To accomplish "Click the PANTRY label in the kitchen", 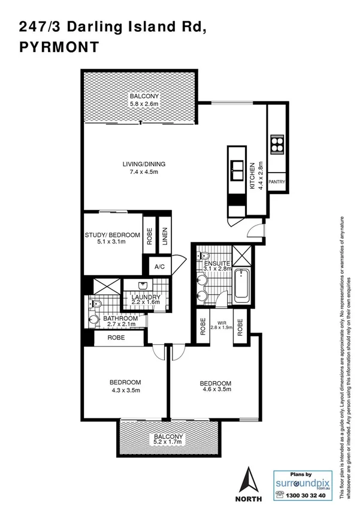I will [277, 181].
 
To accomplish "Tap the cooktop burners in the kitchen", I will [277, 144].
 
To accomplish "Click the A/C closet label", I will [160, 267].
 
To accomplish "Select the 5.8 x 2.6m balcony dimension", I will [143, 104].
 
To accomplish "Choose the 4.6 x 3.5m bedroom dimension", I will [215, 391].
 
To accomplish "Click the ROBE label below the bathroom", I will [117, 338].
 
